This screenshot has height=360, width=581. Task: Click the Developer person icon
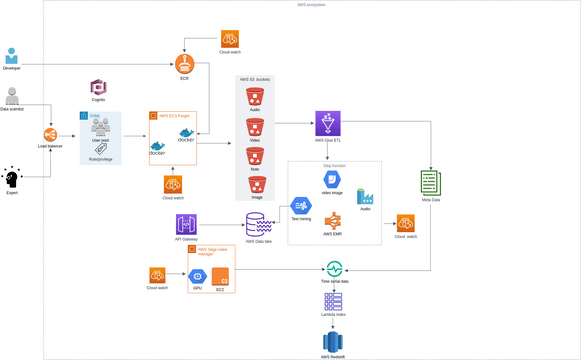(x=11, y=56)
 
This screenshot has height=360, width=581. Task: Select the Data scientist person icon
(x=12, y=96)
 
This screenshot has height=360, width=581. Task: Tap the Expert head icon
(x=12, y=178)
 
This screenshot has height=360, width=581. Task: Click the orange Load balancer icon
(x=49, y=135)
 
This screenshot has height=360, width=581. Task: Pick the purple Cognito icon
(x=98, y=88)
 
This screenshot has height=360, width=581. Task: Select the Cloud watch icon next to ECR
(x=229, y=40)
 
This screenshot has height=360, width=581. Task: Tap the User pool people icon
(x=100, y=127)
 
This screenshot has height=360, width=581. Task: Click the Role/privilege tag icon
(x=100, y=148)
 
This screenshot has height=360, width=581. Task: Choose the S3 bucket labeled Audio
(x=255, y=97)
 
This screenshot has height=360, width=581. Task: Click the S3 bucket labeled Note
(x=255, y=156)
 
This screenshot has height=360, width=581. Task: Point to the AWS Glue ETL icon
(x=328, y=123)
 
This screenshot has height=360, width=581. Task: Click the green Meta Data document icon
(x=430, y=183)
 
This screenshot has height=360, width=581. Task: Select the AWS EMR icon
(x=333, y=220)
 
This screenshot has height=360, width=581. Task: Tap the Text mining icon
(x=301, y=206)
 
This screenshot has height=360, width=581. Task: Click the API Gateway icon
(x=186, y=224)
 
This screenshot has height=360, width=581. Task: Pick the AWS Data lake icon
(x=258, y=224)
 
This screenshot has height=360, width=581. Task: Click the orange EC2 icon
(x=220, y=276)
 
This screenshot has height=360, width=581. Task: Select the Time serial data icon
(x=334, y=269)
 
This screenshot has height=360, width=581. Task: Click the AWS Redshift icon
(x=333, y=341)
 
